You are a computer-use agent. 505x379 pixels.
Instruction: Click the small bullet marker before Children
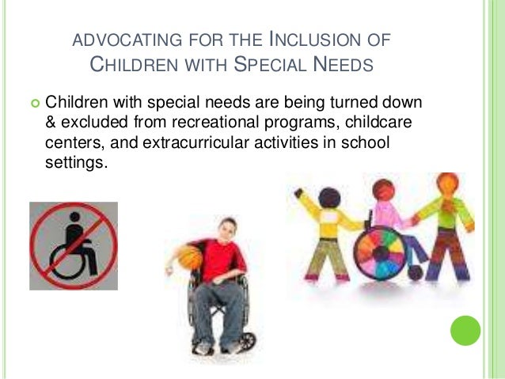pos(34,103)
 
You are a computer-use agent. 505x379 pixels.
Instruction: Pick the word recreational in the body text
pos(229,122)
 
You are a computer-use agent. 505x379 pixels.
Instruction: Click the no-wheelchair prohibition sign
pos(74,245)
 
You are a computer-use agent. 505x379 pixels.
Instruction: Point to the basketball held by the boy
pos(189,257)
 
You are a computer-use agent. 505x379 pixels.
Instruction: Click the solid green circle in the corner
pos(465,331)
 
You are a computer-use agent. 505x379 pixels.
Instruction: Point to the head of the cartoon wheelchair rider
pos(385,191)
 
